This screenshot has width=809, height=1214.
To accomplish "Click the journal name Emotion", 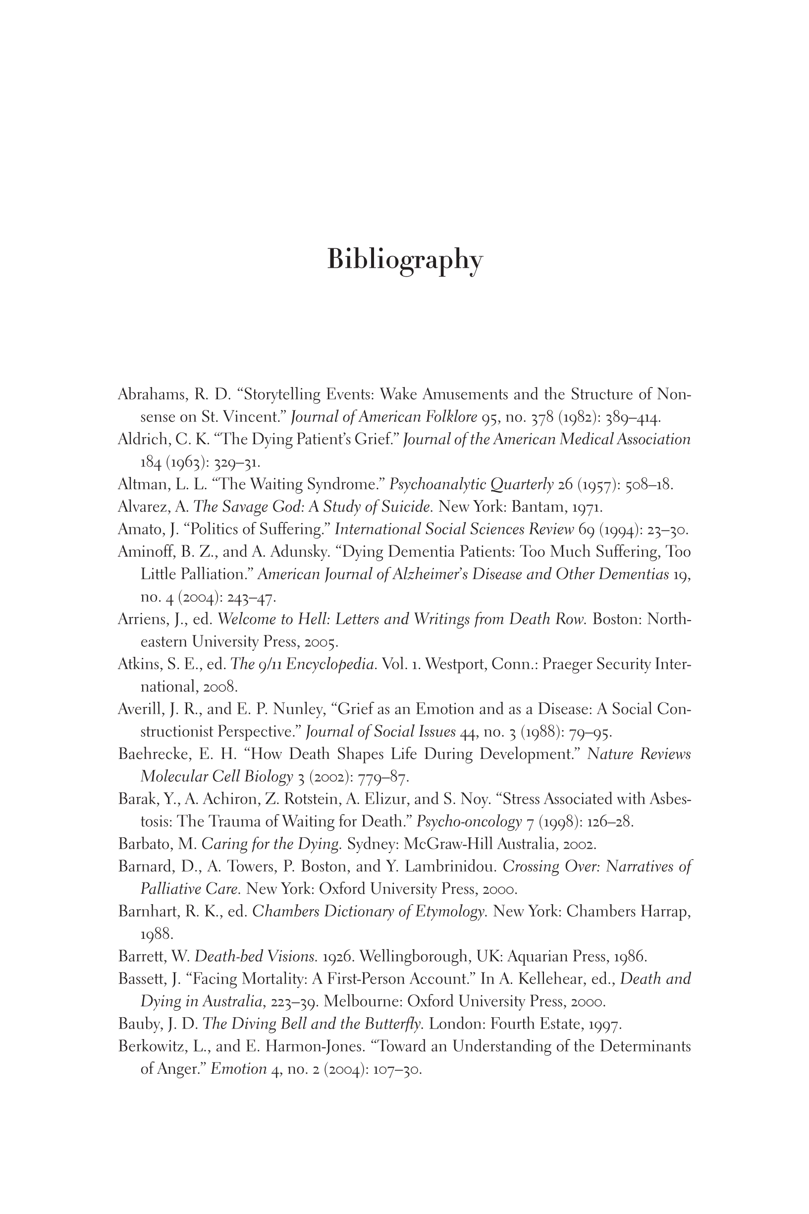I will tap(238, 1069).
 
